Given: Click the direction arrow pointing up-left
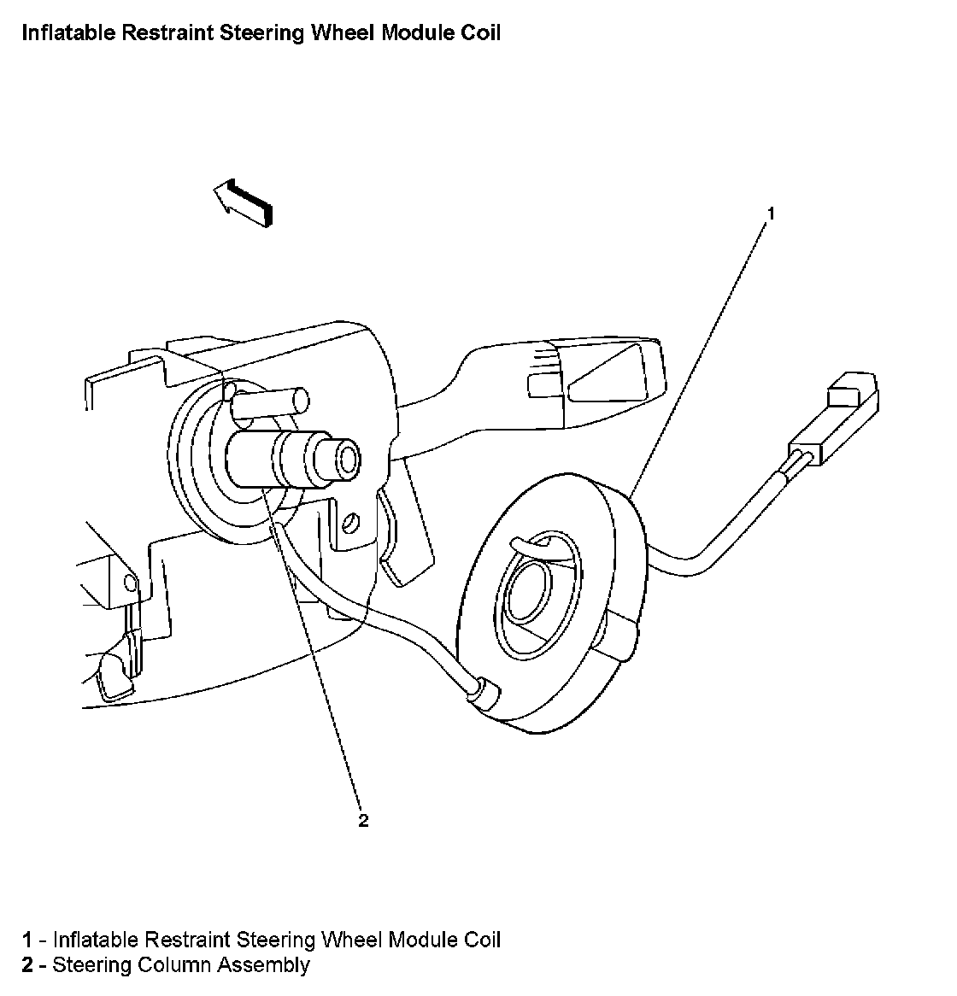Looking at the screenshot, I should pyautogui.click(x=242, y=203).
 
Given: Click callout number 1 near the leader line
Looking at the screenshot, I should pyautogui.click(x=770, y=214).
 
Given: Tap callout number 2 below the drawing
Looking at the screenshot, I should pyautogui.click(x=363, y=821).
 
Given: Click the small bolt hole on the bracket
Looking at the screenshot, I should pyautogui.click(x=349, y=521).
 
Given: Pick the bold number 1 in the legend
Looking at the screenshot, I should pyautogui.click(x=27, y=940).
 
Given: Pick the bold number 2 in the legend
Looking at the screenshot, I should pyautogui.click(x=27, y=965).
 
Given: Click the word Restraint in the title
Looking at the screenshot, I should pyautogui.click(x=145, y=33).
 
